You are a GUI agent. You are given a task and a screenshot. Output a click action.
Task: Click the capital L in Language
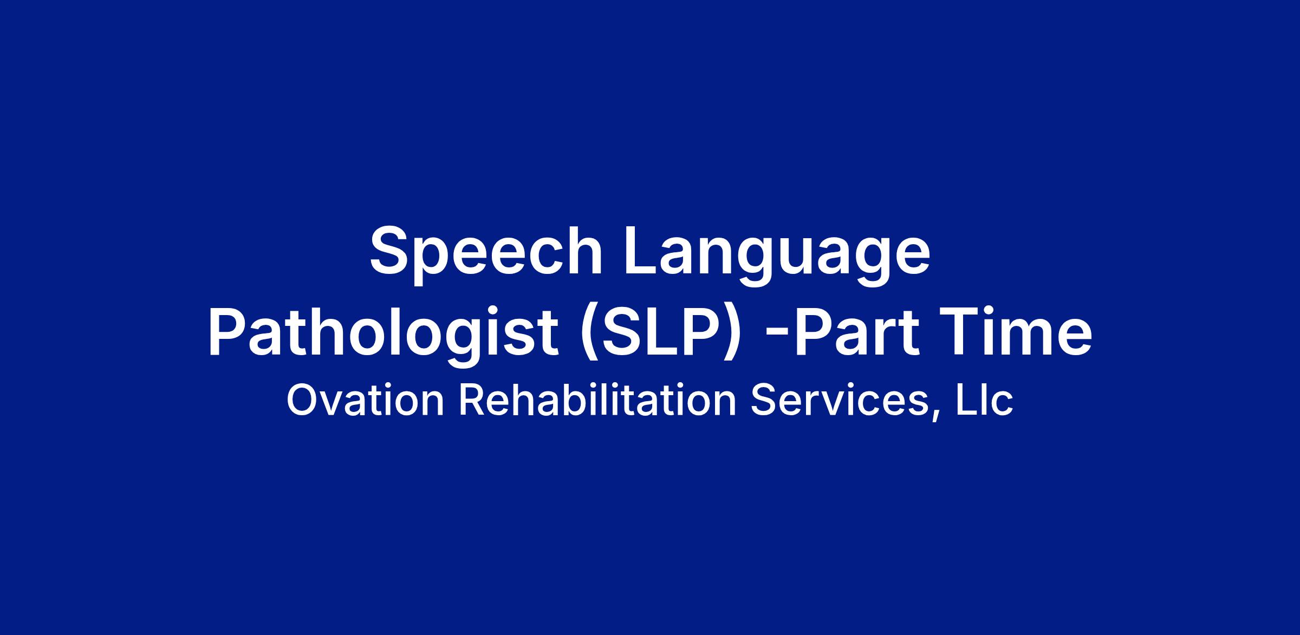pos(643,251)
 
